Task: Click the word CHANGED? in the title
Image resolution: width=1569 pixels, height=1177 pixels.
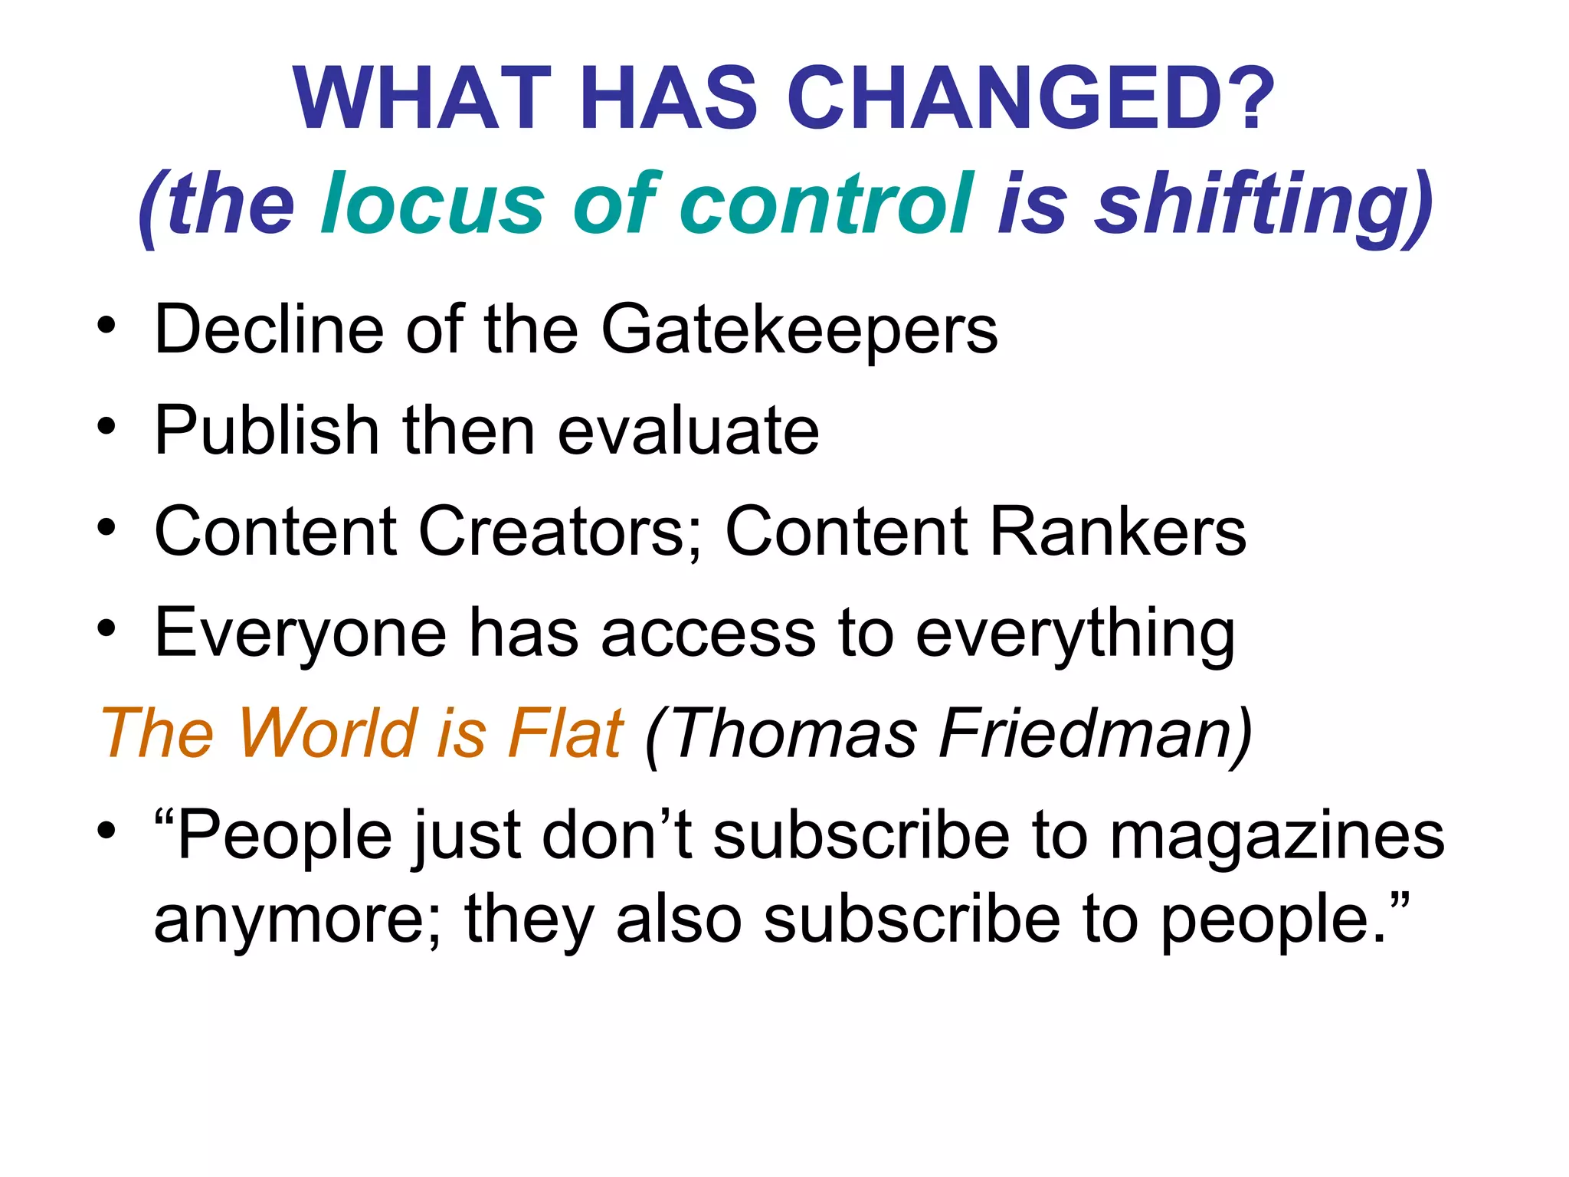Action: [x=1030, y=99]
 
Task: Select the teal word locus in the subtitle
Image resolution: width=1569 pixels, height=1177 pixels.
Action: [x=433, y=204]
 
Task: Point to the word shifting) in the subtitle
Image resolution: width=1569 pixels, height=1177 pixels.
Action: [x=1264, y=204]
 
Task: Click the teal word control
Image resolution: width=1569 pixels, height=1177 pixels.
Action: [x=827, y=204]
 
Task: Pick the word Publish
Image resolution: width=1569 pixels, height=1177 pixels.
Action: [x=267, y=430]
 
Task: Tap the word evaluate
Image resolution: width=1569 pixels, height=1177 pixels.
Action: [x=688, y=431]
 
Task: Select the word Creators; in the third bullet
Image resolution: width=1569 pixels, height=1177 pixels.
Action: [x=559, y=531]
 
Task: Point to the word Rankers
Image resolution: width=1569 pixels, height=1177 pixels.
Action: [x=1118, y=531]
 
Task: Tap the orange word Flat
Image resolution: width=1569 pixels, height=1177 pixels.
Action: [x=566, y=733]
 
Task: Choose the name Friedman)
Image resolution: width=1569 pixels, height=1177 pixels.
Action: [x=1096, y=733]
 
